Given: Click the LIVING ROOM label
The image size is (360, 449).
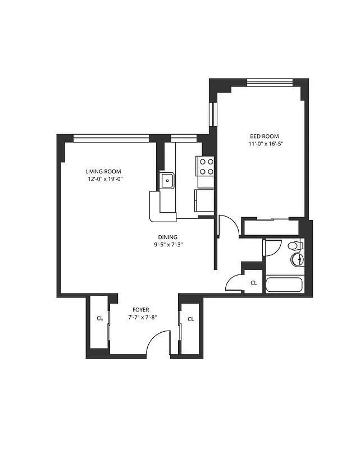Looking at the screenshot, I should tap(103, 172).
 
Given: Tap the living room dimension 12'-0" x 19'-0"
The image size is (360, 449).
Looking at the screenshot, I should tap(104, 180).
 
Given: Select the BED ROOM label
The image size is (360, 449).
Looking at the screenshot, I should tap(264, 136).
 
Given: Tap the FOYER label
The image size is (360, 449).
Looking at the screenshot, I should tap(140, 310).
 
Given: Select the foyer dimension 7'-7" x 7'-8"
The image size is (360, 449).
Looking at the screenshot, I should tap(140, 318).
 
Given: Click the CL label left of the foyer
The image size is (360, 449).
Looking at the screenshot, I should tap(99, 319).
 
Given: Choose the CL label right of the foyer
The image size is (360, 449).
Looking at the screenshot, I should tap(190, 319).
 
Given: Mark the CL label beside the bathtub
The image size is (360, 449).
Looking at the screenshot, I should tap(253, 283).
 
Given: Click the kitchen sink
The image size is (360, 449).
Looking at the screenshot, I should tap(167, 181).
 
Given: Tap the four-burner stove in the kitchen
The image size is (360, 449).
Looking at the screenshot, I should tap(206, 166).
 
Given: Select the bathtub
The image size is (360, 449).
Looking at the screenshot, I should tap(284, 284).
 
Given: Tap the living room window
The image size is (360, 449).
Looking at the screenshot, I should tap(111, 137).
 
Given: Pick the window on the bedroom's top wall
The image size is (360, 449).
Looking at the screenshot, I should tap(270, 83).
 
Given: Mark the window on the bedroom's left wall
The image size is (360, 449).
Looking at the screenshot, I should tap(213, 114).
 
